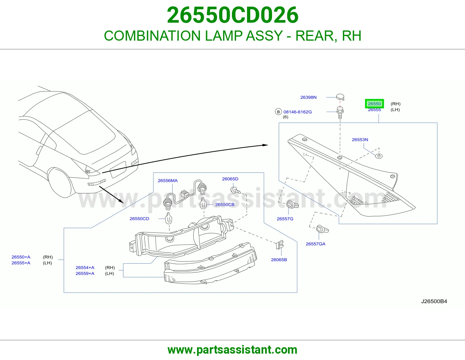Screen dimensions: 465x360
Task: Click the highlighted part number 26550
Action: [374, 104]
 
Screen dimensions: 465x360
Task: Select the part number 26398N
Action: [308, 97]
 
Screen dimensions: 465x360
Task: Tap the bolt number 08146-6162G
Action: [297, 112]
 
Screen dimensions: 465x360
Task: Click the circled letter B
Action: [278, 112]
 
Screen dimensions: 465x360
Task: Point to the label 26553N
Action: [360, 140]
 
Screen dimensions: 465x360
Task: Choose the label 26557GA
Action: [315, 244]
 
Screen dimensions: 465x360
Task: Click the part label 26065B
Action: [279, 260]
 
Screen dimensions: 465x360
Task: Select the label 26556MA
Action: [168, 181]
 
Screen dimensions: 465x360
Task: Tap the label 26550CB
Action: [225, 205]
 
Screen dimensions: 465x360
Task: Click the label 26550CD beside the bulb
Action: [139, 219]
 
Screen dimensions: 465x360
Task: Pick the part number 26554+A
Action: [85, 268]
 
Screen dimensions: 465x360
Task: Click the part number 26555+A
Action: [21, 263]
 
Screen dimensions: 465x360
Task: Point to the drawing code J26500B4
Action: [434, 301]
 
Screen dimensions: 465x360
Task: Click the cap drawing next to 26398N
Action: [340, 97]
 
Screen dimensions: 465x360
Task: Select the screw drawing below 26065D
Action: [235, 190]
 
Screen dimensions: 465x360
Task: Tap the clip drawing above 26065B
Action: [280, 244]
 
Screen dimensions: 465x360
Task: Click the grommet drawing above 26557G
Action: [292, 205]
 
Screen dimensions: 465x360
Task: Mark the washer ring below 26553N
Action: [379, 156]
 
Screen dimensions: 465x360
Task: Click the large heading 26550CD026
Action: [233, 15]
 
